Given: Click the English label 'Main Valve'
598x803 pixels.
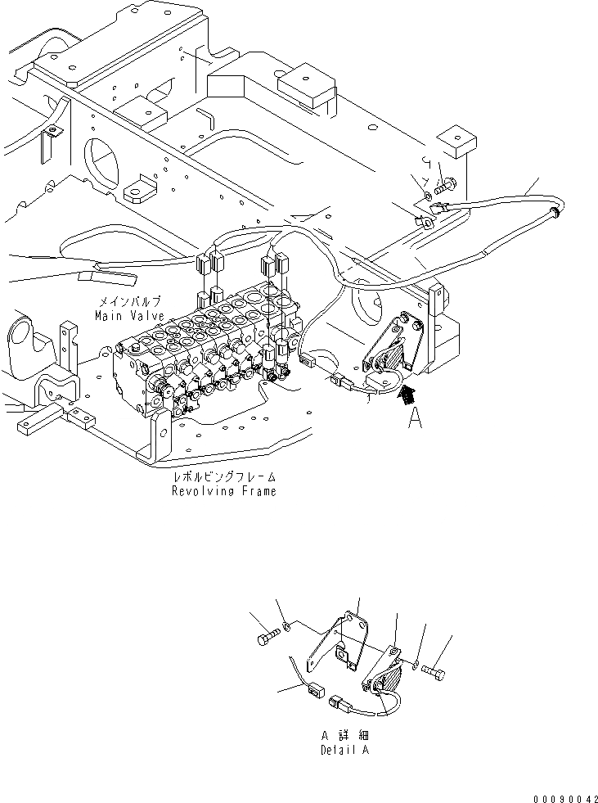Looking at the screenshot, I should coord(128,315).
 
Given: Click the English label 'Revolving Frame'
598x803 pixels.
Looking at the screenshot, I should coord(223,491).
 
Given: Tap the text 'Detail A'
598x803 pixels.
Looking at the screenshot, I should coord(344,750).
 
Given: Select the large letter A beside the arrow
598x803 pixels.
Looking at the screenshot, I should coord(416,419).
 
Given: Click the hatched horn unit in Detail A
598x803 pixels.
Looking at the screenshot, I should coord(386,679).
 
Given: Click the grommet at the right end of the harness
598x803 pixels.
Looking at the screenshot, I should coord(556,213).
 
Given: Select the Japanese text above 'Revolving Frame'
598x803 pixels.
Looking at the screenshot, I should coord(223,477).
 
